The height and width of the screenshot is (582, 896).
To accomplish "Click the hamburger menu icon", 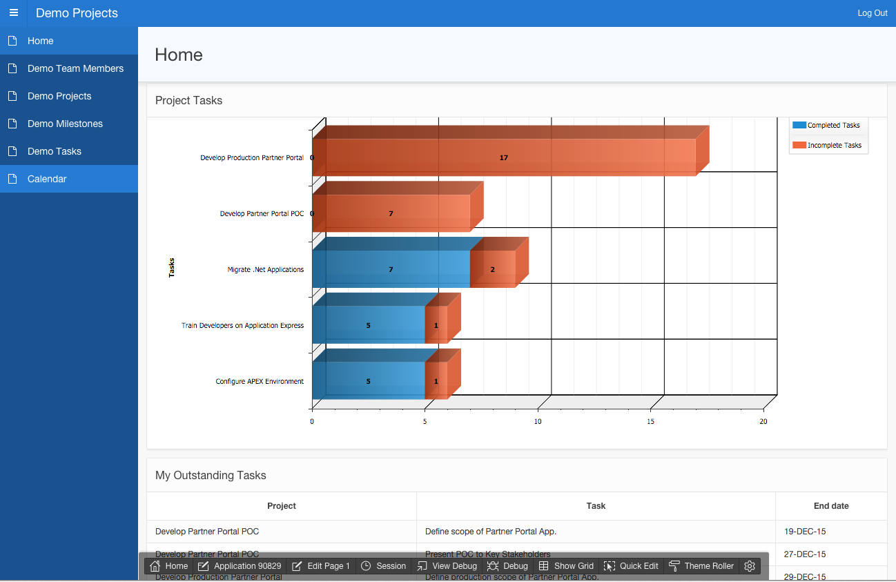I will pyautogui.click(x=14, y=13).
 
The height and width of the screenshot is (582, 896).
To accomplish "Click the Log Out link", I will pyautogui.click(x=872, y=13).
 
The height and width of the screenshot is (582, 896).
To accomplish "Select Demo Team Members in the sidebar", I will pyautogui.click(x=75, y=68).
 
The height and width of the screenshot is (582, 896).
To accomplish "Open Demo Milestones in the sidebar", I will pyautogui.click(x=65, y=124).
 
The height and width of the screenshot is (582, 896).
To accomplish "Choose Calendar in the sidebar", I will pyautogui.click(x=47, y=179).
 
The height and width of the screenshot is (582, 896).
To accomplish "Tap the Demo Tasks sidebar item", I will pyautogui.click(x=55, y=151).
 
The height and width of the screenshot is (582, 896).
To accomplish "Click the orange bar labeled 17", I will pyautogui.click(x=504, y=157).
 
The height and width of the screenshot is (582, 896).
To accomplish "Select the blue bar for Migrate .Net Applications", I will pyautogui.click(x=391, y=269).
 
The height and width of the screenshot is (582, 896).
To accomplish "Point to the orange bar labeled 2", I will pyautogui.click(x=492, y=269).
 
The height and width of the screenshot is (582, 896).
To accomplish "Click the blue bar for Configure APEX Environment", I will pyautogui.click(x=368, y=381).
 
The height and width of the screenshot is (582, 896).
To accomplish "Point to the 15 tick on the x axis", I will pyautogui.click(x=651, y=421).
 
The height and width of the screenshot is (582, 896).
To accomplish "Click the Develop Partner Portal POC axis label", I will pyautogui.click(x=262, y=214).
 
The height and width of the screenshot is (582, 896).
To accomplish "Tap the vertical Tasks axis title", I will pyautogui.click(x=172, y=267).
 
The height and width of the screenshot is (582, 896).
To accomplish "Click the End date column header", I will pyautogui.click(x=831, y=506).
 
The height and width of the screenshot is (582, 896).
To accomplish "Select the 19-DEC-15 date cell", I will pyautogui.click(x=805, y=532).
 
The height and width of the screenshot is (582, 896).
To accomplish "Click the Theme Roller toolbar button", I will pyautogui.click(x=701, y=566).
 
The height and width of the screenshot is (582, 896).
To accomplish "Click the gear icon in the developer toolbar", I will pyautogui.click(x=750, y=566).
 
